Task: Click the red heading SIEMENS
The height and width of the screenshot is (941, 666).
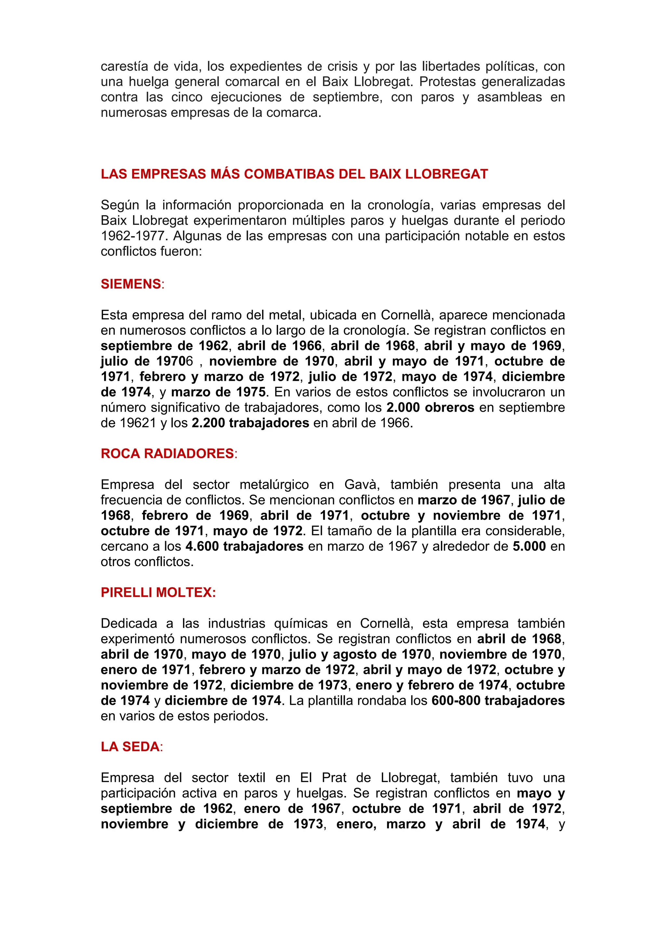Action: tap(131, 284)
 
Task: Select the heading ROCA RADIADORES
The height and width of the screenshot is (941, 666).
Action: tap(167, 453)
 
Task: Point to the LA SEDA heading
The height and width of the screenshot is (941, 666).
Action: tap(130, 746)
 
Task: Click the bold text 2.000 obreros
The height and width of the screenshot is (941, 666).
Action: tap(430, 407)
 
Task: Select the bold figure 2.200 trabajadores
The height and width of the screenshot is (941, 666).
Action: tap(250, 423)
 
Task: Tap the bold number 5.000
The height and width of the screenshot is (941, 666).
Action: tap(529, 546)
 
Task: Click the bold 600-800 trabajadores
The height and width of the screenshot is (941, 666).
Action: tap(498, 701)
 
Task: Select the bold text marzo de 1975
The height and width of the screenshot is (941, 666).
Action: tap(218, 392)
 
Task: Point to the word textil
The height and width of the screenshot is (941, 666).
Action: tap(251, 778)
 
